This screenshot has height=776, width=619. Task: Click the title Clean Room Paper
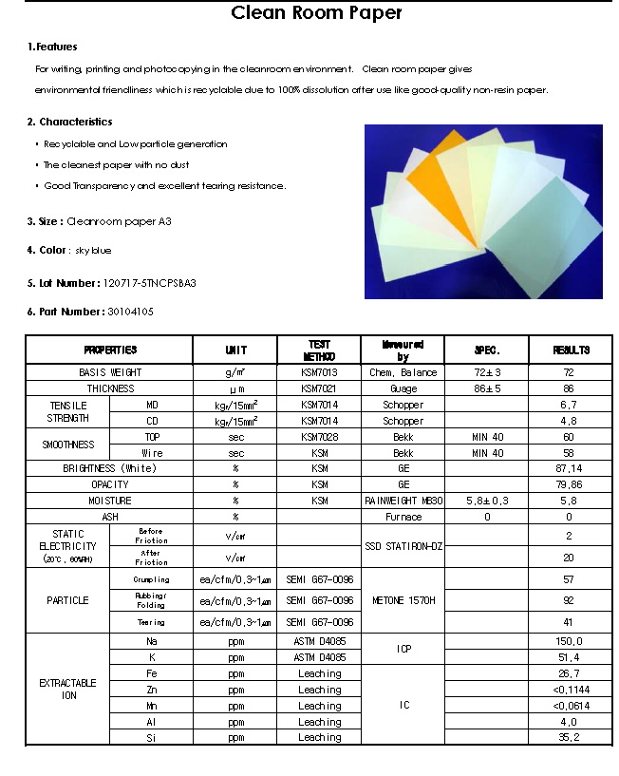pyautogui.click(x=317, y=13)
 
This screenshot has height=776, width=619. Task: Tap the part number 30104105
pyautogui.click(x=131, y=312)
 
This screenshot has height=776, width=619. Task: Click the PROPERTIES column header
pyautogui.click(x=110, y=350)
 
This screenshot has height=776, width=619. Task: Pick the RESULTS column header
pyautogui.click(x=570, y=350)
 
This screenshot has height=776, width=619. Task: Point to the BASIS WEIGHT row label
pyautogui.click(x=110, y=372)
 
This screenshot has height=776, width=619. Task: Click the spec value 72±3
pyautogui.click(x=485, y=372)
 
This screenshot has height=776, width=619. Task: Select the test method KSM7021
pyautogui.click(x=319, y=388)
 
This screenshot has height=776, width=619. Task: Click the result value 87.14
pyautogui.click(x=570, y=468)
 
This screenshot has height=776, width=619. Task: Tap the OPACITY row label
pyautogui.click(x=110, y=484)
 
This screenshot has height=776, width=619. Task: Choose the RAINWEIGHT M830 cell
pyautogui.click(x=403, y=501)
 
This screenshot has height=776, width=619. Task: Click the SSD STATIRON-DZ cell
pyautogui.click(x=403, y=546)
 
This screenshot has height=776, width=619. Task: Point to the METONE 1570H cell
pyautogui.click(x=403, y=600)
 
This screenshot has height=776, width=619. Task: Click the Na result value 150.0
pyautogui.click(x=570, y=642)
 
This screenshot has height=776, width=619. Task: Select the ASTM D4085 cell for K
pyautogui.click(x=319, y=656)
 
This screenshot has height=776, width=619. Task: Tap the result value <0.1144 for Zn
pyautogui.click(x=570, y=690)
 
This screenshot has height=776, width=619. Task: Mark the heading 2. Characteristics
pyautogui.click(x=69, y=122)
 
